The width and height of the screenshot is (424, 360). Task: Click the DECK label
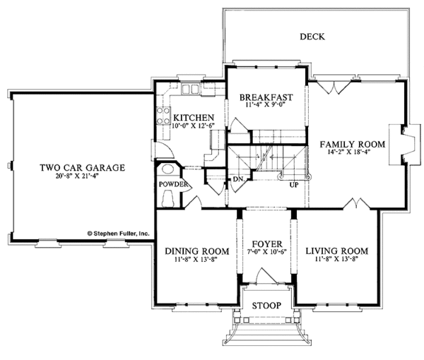pos(312,37)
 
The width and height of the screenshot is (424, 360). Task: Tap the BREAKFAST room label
pos(265,97)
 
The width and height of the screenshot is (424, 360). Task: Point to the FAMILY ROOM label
pos(352,144)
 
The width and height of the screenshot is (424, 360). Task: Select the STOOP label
pos(265,306)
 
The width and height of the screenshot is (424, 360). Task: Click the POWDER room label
pos(174,185)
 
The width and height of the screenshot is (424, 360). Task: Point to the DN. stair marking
pos(237,179)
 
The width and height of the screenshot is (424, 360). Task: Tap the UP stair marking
pos(293,185)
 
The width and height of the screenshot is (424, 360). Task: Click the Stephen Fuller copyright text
pos(117,231)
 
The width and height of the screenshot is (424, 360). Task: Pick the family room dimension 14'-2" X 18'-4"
pos(352,153)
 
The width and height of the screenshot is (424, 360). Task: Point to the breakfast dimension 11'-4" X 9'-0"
pos(265,106)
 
